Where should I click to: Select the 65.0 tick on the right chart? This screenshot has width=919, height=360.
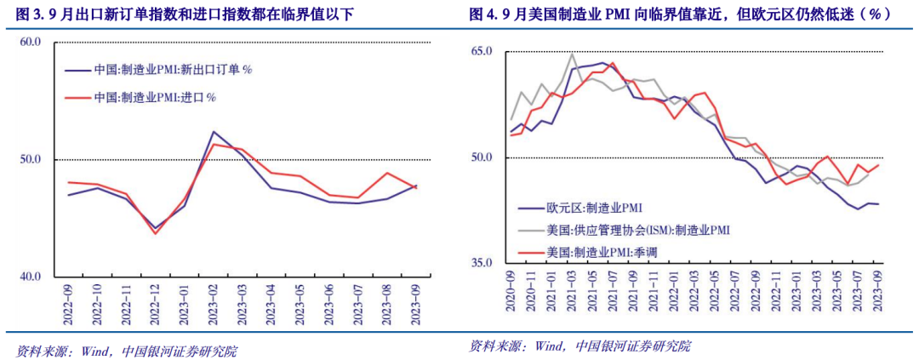482,52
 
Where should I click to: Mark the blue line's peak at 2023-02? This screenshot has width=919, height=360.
213,132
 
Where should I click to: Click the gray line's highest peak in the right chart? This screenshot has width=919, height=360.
572,54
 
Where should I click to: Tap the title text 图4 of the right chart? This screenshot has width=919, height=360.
482,14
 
